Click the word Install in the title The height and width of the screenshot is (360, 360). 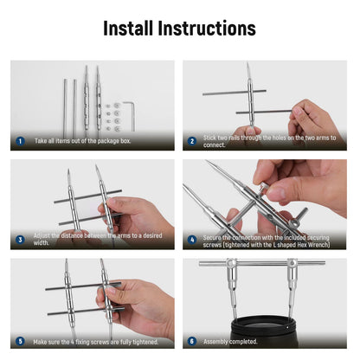coord(128,29)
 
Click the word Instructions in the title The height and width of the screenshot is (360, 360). coord(207,29)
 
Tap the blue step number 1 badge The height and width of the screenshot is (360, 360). coord(20,141)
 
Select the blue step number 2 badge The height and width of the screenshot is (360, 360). coord(192,141)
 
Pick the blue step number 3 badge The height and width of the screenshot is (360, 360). coord(20,240)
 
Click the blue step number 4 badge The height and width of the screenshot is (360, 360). coord(192,240)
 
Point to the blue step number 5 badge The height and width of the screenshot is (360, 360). coord(20,341)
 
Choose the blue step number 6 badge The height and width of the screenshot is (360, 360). coord(192,341)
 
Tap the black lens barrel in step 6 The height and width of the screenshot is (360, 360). coord(264,331)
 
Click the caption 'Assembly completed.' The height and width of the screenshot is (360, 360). coord(230,342)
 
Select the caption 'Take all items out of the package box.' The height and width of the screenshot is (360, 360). coord(82,141)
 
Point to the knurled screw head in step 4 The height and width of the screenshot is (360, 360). coord(263,187)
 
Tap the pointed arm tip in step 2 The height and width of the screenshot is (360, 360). coord(247,62)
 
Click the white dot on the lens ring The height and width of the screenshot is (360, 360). coord(287,327)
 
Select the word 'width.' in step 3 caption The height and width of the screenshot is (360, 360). coord(42,243)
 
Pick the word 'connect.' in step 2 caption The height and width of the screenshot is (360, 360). coord(214,145)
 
